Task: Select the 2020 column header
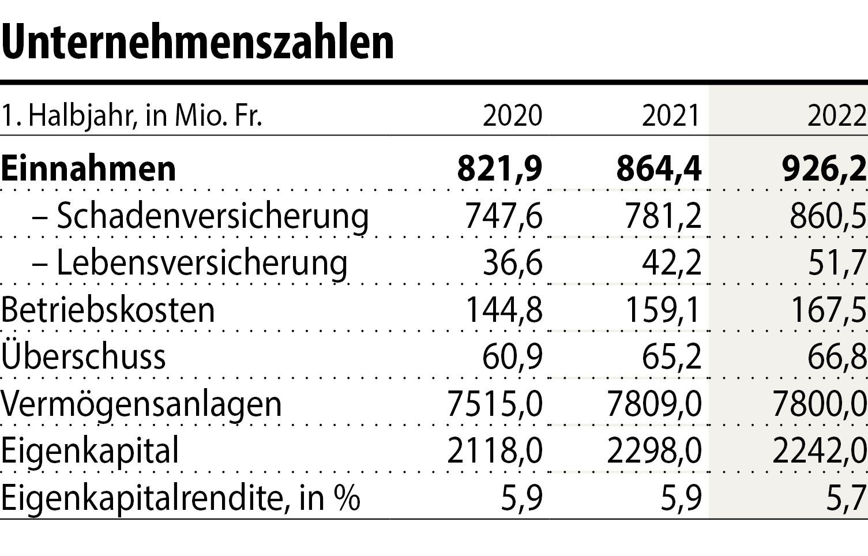[512, 116]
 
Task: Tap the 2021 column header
[671, 116]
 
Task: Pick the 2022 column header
[837, 116]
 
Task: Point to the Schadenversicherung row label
[212, 216]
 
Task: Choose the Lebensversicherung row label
[202, 264]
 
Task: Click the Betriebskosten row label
[108, 310]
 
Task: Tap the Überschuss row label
[84, 356]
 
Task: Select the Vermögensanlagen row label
[141, 404]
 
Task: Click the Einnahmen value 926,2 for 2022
[824, 169]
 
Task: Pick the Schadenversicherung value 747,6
[503, 216]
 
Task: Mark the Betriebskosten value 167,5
[828, 310]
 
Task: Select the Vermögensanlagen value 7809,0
[654, 404]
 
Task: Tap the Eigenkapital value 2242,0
[820, 450]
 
